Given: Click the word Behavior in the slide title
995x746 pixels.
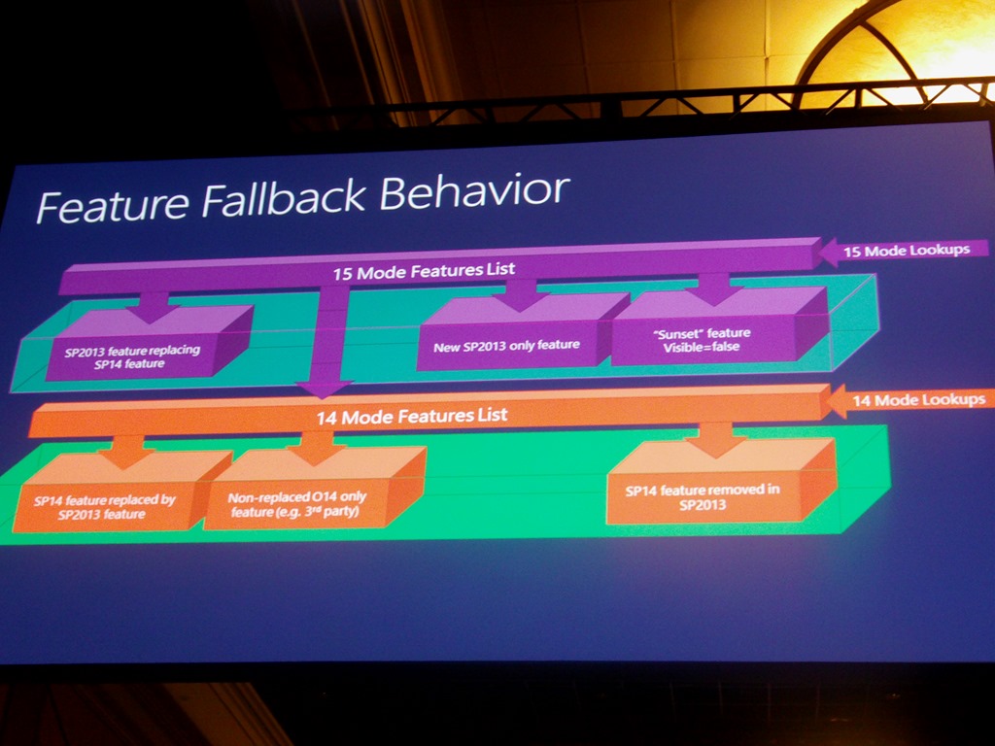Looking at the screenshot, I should [473, 190].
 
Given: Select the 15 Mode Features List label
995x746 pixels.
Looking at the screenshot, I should [424, 270].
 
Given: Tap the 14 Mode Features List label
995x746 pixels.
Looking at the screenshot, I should [411, 416].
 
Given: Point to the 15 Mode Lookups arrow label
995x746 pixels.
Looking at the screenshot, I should [905, 251].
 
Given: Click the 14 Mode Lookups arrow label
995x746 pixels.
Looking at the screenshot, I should [917, 399].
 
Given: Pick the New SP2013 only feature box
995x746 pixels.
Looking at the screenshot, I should [507, 345].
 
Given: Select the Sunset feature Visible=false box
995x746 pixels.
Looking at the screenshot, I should [701, 339].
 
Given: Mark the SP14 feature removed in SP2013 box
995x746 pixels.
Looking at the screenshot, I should [702, 496].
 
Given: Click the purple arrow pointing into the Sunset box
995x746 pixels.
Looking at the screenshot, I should [714, 288].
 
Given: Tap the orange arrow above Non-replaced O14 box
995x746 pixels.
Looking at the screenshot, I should [317, 447].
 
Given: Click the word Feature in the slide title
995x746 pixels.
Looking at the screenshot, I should [111, 205].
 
